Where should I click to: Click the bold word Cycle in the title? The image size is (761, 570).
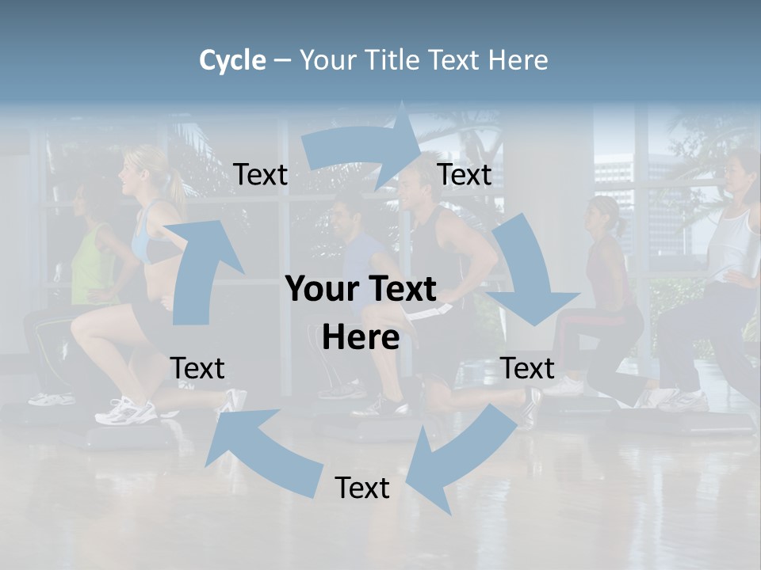coord(232,60)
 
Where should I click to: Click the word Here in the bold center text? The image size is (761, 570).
coord(361,338)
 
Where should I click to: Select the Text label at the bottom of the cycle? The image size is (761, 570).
coord(362,488)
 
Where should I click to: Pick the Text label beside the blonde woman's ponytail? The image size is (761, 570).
coord(260,175)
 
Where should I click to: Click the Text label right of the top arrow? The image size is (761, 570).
coord(465,175)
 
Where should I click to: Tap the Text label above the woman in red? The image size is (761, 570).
coord(527,368)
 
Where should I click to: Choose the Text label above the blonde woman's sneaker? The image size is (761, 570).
coord(197,368)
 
